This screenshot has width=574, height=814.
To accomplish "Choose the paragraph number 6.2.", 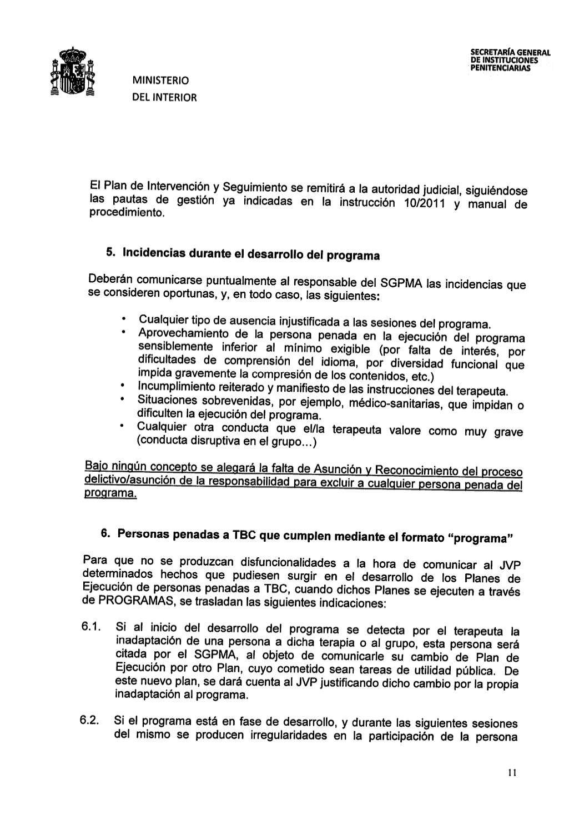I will [89, 721].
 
